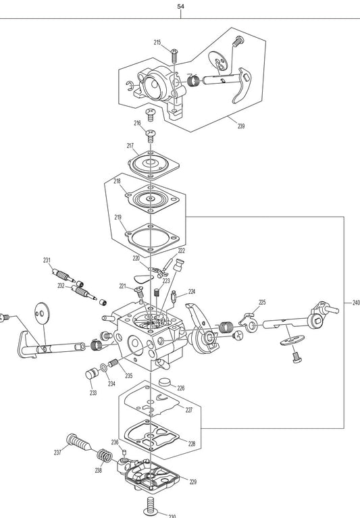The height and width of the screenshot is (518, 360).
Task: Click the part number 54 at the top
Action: coord(180,7)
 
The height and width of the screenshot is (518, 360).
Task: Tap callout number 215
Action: coord(157,43)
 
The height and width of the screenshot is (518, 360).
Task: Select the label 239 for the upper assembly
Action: coord(241,126)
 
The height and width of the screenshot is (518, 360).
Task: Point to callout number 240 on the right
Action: coord(356,303)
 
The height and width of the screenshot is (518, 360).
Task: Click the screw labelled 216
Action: coord(151,136)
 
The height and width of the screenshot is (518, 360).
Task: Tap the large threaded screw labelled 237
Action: coord(78,442)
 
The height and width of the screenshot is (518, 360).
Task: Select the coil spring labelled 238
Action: coord(105,457)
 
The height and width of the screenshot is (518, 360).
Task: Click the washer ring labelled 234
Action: coord(103,367)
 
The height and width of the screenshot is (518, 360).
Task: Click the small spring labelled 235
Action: coord(113,363)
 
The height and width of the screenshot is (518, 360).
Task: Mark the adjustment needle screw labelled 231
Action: coord(63,275)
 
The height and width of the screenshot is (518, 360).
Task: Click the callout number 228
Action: coord(192,444)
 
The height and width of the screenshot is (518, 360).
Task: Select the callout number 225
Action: coord(262,302)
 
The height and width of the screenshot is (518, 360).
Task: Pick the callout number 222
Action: coord(181,251)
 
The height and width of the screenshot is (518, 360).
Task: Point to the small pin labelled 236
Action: coord(124,452)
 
